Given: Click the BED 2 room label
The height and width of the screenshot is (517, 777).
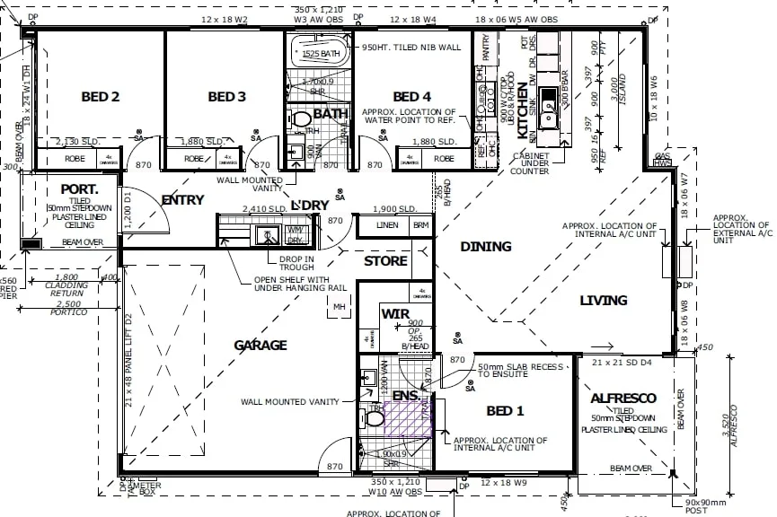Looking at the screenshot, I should (x=101, y=97).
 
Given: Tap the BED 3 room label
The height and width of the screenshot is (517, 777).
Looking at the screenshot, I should (x=226, y=97).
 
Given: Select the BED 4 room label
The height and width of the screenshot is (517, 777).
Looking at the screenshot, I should (x=411, y=97).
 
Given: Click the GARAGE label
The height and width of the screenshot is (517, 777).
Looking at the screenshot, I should (x=260, y=345).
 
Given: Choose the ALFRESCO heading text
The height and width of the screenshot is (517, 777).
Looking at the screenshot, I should (x=623, y=398).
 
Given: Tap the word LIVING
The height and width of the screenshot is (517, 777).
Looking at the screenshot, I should (x=603, y=300).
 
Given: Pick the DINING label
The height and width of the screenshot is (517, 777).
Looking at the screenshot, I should (x=485, y=246).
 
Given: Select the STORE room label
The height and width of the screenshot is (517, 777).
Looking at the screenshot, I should (x=385, y=261).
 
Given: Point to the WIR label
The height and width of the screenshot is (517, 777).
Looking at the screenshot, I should (x=396, y=314).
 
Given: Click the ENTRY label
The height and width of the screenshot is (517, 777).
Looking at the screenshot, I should (x=182, y=200).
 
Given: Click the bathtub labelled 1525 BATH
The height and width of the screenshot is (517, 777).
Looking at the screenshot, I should (x=321, y=54).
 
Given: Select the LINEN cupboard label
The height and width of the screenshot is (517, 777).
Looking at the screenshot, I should (x=386, y=225).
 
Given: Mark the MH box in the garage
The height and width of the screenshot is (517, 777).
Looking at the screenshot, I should (x=340, y=307).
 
